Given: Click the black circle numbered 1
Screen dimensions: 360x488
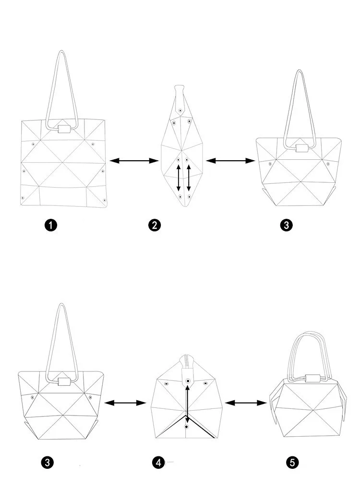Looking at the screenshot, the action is pos(50,225).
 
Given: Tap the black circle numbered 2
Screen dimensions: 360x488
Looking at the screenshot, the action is pos(154,225).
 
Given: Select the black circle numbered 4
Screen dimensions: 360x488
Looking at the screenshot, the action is pos(158,463).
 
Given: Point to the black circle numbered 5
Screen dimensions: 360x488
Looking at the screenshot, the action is pos(292,463).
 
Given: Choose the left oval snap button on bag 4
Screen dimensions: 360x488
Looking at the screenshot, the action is pos(166,384).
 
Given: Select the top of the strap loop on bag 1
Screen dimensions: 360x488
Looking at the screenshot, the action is pos(61,52).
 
